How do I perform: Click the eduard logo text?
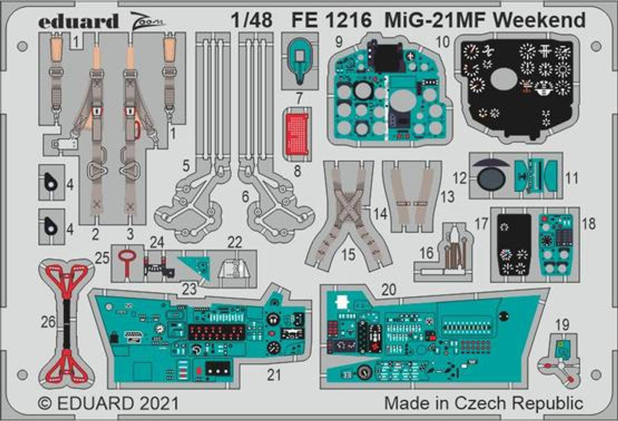click(x=78, y=21)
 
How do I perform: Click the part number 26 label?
click(x=48, y=322)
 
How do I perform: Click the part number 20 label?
click(x=389, y=289)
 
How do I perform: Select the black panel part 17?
click(x=514, y=244)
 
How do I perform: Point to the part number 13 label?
click(x=448, y=197)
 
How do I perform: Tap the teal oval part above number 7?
click(x=300, y=60)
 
